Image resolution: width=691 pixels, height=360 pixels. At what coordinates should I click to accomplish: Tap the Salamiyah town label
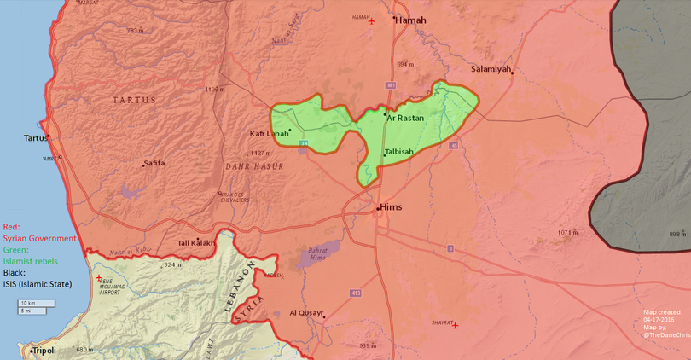pyautogui.click(x=491, y=68)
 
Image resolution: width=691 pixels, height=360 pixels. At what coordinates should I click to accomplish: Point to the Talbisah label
pyautogui.click(x=398, y=151)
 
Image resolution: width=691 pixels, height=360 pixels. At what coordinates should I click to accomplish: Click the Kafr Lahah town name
pyautogui.click(x=269, y=134)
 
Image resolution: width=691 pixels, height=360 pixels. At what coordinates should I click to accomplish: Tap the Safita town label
pyautogui.click(x=154, y=163)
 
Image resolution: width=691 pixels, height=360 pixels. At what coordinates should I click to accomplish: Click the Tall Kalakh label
pyautogui.click(x=195, y=242)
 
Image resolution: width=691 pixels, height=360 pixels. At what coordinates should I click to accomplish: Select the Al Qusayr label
pyautogui.click(x=307, y=313)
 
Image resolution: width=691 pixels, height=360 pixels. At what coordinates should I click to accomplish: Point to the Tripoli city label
pyautogui.click(x=44, y=351)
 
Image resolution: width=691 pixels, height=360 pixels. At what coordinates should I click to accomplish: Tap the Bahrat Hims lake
pyautogui.click(x=315, y=255)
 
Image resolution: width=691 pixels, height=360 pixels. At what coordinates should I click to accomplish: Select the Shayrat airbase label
pyautogui.click(x=441, y=323)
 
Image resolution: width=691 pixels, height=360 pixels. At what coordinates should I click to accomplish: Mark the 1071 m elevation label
pyautogui.click(x=567, y=232)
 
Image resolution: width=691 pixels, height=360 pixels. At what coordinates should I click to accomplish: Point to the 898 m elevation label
pyautogui.click(x=677, y=234)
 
